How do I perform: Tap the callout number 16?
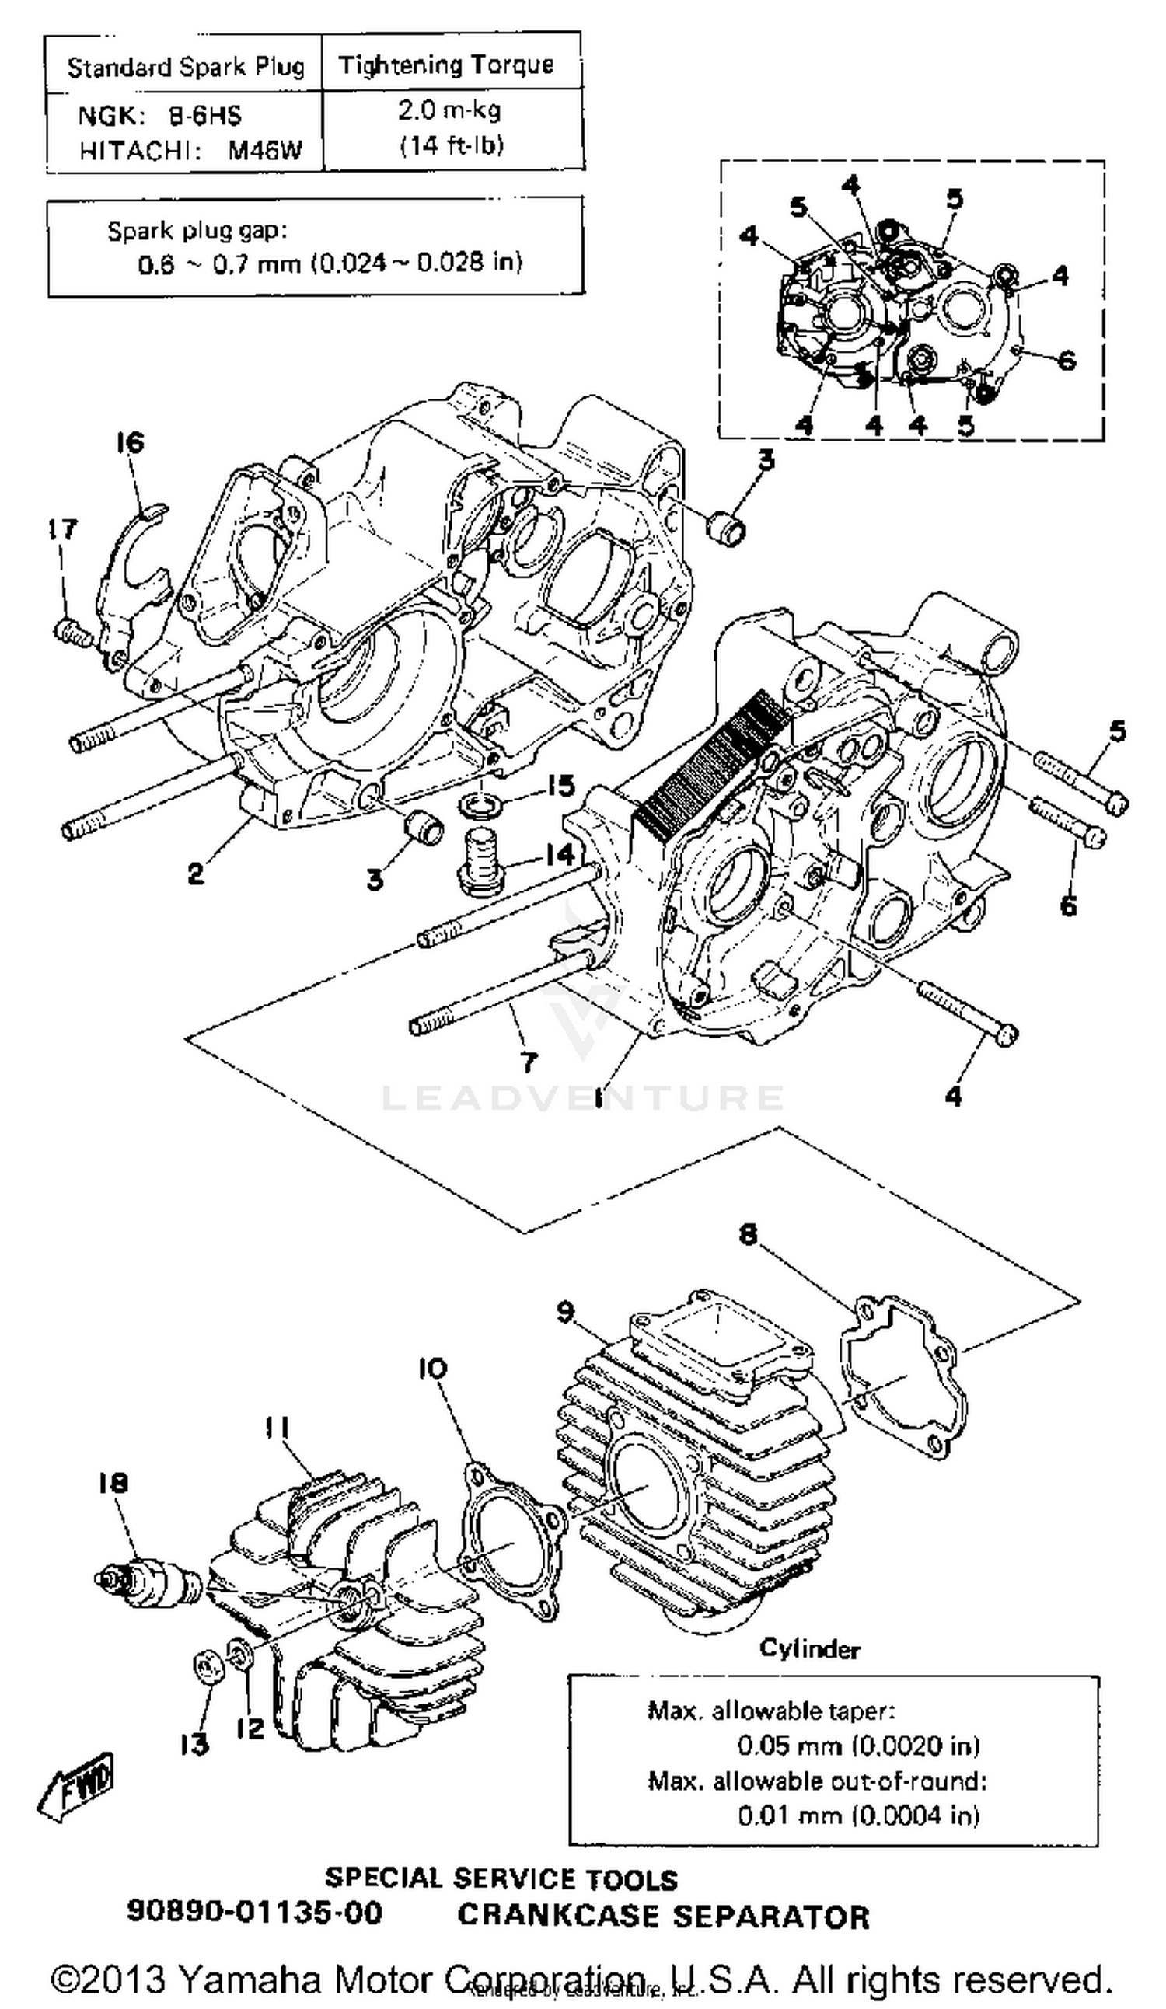pos(130,441)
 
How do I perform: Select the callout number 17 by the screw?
pos(62,528)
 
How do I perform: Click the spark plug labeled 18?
pos(148,1578)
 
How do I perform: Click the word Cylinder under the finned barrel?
pos(808,1648)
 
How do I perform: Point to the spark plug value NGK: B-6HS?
pos(159,116)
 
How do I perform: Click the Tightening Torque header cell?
pos(446,65)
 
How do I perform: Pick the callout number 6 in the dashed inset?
pos(1067,361)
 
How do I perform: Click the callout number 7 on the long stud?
pos(528,1061)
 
